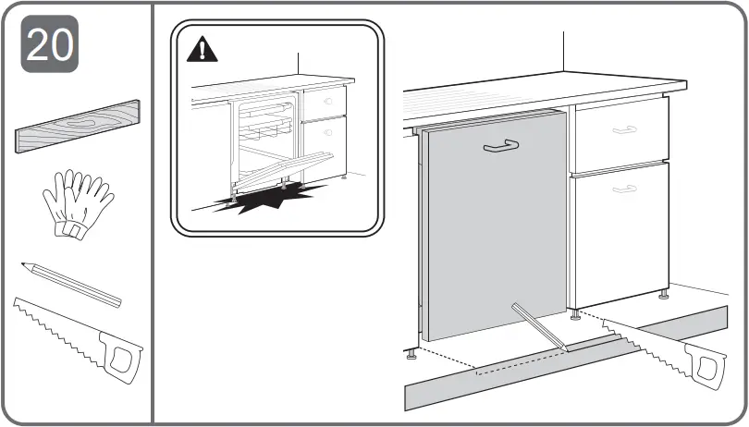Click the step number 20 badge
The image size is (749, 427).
[51, 43]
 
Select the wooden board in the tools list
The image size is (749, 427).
[78, 126]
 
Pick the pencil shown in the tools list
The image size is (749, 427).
[71, 284]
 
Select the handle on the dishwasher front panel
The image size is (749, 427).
[500, 145]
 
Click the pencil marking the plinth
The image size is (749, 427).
[538, 324]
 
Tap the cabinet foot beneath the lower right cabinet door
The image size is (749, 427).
[664, 296]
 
